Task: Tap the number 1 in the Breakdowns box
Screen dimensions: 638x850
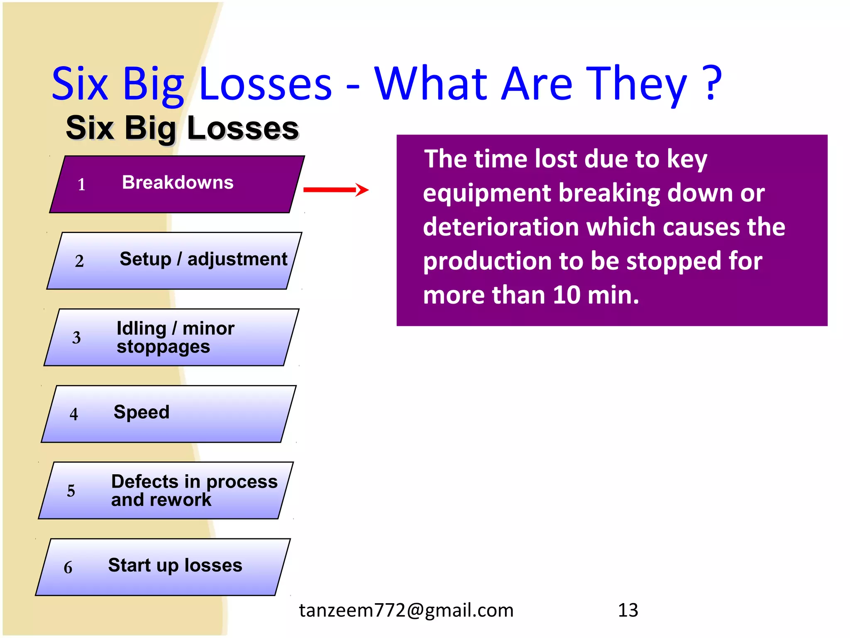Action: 81,184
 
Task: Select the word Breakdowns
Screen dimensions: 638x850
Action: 178,183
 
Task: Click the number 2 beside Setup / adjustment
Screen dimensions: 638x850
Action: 79,261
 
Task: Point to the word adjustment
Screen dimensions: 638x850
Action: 237,260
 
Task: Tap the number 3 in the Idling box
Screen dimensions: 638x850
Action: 76,338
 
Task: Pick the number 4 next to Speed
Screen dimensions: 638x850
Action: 73,414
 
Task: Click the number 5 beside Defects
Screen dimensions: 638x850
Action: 71,491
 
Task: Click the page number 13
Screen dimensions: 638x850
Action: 628,610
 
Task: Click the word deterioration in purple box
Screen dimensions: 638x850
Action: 500,228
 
